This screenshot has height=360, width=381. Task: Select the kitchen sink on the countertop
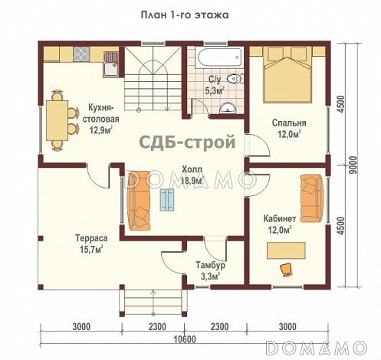pos(110,58)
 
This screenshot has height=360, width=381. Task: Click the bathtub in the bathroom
pos(216,58)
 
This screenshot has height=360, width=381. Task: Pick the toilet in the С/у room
pos(236,80)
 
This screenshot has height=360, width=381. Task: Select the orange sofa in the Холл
pos(139,201)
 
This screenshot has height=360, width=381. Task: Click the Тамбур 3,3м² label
pos(207,269)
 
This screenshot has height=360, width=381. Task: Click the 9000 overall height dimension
pos(353,167)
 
